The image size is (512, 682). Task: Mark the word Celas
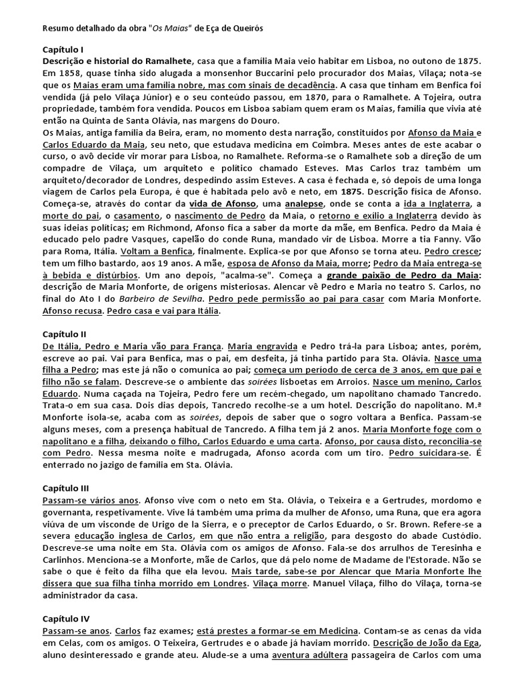(63, 654)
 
